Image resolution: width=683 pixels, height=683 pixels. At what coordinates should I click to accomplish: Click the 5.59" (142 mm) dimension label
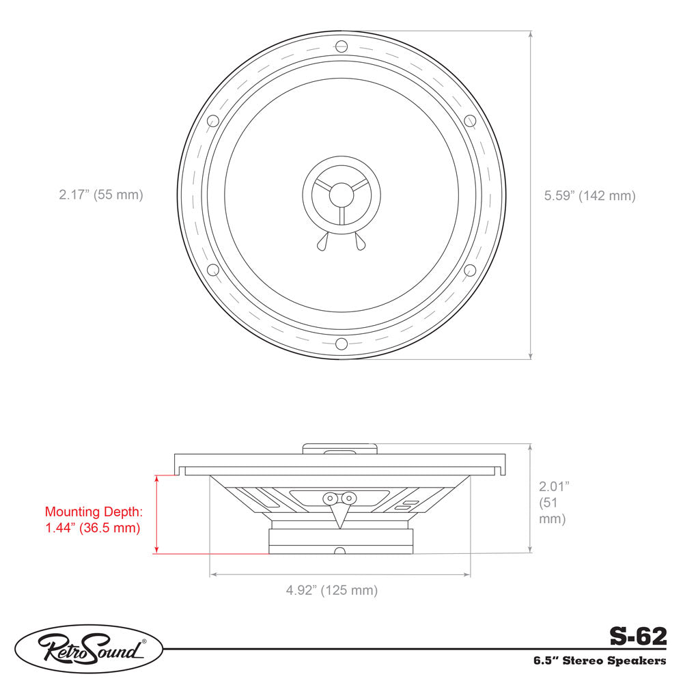point(589,195)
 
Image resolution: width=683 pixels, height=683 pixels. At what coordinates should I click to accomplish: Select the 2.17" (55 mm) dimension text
point(101,195)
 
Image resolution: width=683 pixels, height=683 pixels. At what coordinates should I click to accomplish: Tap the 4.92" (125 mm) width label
point(331,590)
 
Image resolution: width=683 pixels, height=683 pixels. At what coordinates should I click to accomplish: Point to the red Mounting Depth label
point(92,519)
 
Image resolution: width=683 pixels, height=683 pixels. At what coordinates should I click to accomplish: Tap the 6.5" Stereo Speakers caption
point(600,660)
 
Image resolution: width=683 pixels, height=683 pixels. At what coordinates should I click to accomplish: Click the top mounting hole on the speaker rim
point(341,46)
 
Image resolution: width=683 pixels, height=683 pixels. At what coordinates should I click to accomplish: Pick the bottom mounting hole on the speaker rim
point(341,343)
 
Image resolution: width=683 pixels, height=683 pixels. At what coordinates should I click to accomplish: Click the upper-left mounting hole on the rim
point(212,121)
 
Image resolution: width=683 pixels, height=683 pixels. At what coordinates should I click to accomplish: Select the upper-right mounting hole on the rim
point(470,121)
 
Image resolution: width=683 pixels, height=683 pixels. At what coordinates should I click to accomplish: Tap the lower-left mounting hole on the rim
point(212,269)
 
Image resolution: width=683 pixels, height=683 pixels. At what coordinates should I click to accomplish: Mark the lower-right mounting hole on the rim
point(470,269)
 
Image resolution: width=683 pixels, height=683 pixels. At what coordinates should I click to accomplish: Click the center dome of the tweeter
point(341,195)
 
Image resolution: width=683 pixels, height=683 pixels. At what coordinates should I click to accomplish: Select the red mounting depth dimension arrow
point(157,514)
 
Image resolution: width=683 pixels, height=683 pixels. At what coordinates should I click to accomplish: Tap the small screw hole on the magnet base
point(340,550)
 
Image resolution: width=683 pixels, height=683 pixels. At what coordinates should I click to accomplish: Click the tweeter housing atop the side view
point(340,449)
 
